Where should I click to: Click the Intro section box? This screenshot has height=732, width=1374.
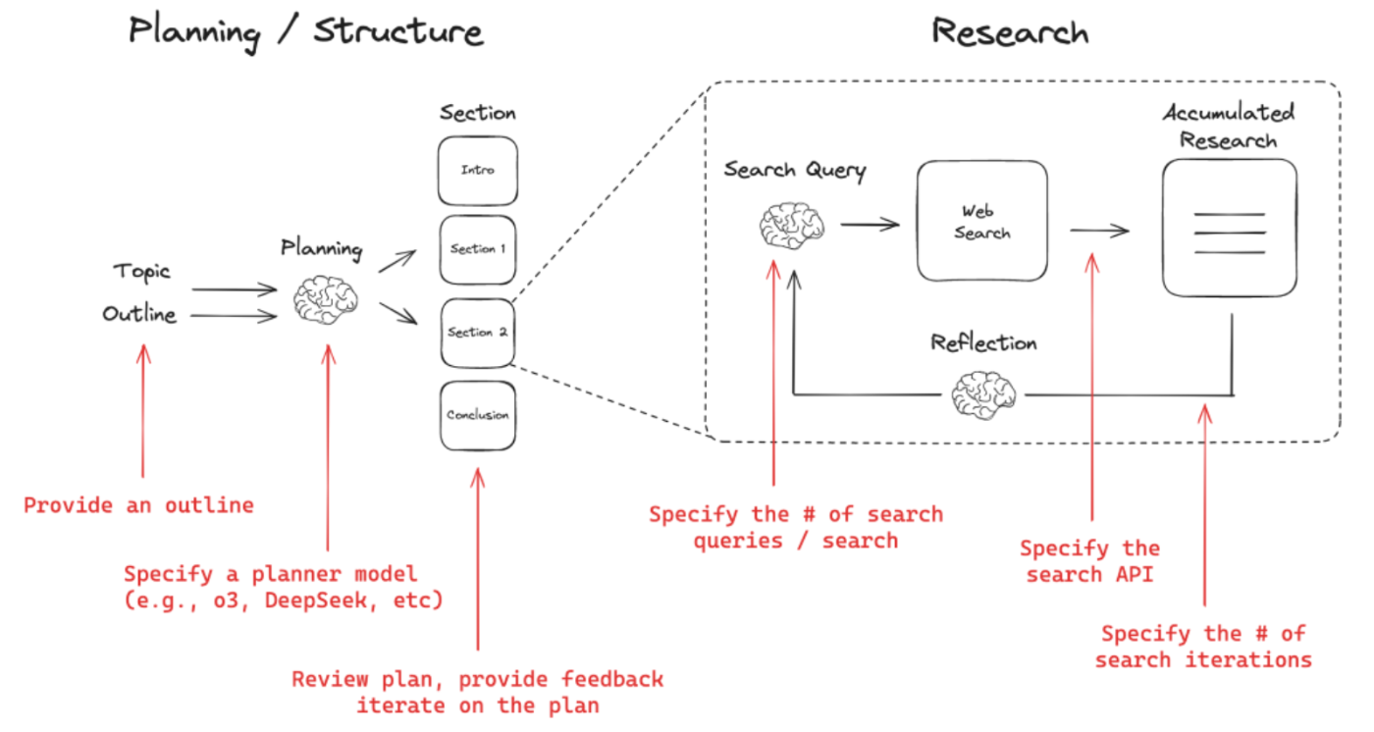coord(478,171)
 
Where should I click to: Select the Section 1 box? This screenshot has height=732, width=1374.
coord(478,250)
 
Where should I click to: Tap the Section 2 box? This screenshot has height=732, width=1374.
coord(478,333)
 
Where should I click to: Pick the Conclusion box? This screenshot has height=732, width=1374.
coord(478,415)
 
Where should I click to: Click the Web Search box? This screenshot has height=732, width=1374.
coord(981,223)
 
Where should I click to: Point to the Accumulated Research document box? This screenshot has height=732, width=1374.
coord(1229,228)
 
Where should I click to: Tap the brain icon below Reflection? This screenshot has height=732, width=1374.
coord(984,394)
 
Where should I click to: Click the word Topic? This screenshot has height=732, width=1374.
coord(141,271)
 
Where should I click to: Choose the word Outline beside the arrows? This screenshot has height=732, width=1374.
coord(139,315)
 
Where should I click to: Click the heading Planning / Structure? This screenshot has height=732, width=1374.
coord(306,31)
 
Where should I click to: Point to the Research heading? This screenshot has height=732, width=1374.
coord(1010,31)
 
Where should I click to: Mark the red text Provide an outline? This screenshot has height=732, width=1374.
coord(138,505)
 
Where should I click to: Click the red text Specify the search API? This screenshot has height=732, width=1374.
coord(1089,561)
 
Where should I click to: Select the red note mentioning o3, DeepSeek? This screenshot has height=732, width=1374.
coord(284,587)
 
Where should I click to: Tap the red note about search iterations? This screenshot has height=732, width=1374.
coord(1203,647)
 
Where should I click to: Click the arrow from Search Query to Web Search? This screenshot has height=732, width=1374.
coord(870,225)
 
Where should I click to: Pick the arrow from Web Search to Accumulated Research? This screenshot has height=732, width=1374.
coord(1099,231)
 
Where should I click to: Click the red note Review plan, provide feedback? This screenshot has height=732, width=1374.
coord(478,692)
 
